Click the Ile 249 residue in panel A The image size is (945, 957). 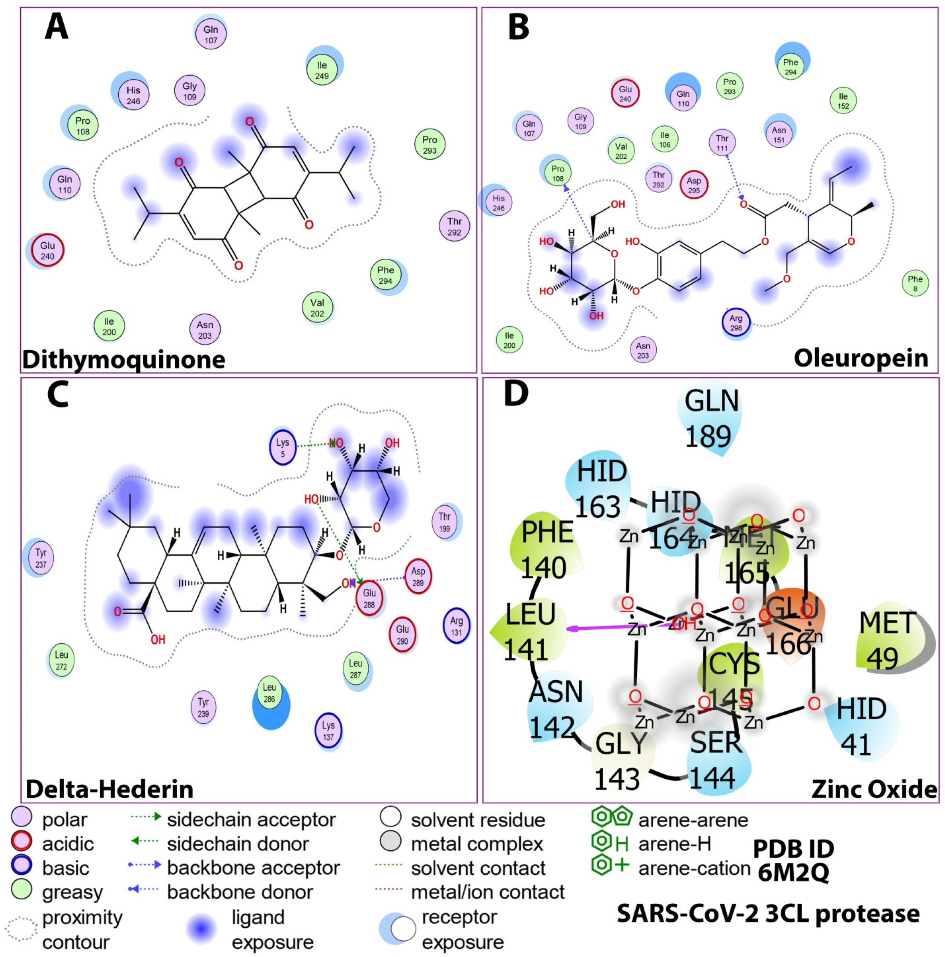click(322, 70)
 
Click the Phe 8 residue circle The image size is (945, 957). click(915, 283)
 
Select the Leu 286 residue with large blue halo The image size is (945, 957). click(269, 693)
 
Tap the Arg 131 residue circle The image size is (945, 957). click(456, 626)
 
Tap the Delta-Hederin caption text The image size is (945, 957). click(110, 789)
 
